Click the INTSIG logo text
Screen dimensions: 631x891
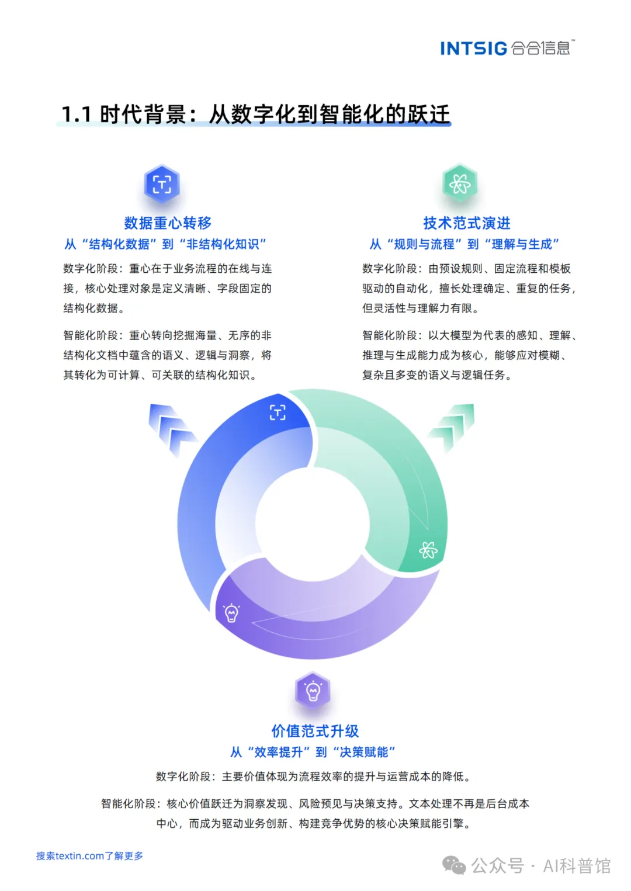[474, 48]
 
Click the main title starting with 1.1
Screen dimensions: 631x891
[255, 115]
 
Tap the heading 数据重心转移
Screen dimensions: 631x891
[168, 223]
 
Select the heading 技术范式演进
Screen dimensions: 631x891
[466, 223]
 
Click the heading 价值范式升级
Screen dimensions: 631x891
[315, 731]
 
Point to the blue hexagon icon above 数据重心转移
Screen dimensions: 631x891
[162, 184]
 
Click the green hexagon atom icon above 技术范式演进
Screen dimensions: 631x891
[460, 184]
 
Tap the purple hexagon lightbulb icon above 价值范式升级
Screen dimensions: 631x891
[313, 691]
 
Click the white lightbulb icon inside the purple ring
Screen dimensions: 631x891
[231, 612]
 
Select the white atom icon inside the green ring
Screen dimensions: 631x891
[428, 550]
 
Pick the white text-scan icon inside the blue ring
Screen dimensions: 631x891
[278, 412]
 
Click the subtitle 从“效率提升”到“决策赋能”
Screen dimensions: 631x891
[313, 752]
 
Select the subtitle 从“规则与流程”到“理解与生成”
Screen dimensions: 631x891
[464, 244]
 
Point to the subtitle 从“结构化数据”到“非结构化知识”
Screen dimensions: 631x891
[165, 244]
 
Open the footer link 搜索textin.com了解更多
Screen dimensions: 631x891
[89, 856]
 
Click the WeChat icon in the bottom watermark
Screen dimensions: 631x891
[454, 865]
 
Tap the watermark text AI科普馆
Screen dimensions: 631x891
[577, 865]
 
